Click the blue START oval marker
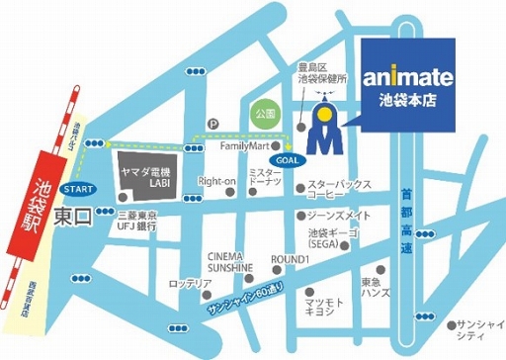point(77,186)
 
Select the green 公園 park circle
point(265,114)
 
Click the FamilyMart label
point(246,145)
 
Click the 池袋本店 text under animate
point(407,100)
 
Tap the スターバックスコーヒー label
point(339,191)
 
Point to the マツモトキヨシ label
point(325,304)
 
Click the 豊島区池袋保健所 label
point(318,71)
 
